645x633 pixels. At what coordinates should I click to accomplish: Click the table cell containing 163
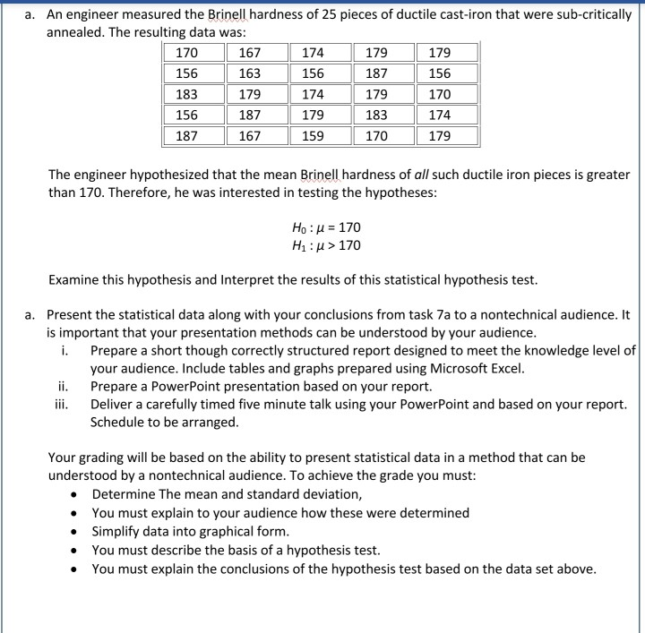pos(250,73)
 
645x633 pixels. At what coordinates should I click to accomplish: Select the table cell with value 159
pos(313,136)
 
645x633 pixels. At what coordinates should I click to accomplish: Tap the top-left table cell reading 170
pos(187,53)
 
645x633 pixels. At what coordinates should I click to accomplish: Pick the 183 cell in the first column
pos(187,95)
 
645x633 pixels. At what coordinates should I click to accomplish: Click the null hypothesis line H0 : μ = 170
pos(322,228)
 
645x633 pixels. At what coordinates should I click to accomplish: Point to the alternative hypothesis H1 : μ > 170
pos(322,245)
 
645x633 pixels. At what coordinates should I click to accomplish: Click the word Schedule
pos(122,422)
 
